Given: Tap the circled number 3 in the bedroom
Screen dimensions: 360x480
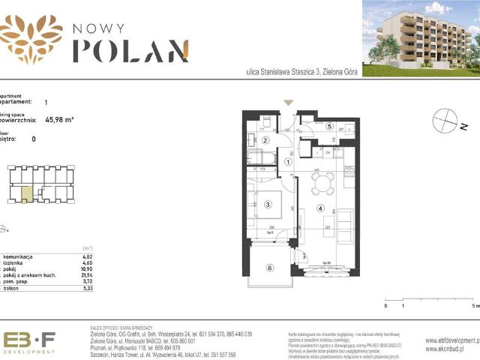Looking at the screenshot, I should [268, 204].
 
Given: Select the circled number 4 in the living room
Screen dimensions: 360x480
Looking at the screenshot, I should [320, 208].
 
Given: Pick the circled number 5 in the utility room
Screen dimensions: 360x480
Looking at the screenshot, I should [330, 126].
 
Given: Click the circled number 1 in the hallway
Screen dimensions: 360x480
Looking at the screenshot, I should [287, 169].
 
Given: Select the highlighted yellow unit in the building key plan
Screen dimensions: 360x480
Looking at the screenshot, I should [26, 194].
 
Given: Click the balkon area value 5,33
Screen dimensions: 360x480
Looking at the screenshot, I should [89, 287].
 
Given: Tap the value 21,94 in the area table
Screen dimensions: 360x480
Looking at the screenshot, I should [89, 274].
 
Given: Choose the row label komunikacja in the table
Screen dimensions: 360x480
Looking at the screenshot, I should [19, 256].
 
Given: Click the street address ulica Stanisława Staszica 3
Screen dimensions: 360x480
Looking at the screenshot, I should [298, 72].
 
